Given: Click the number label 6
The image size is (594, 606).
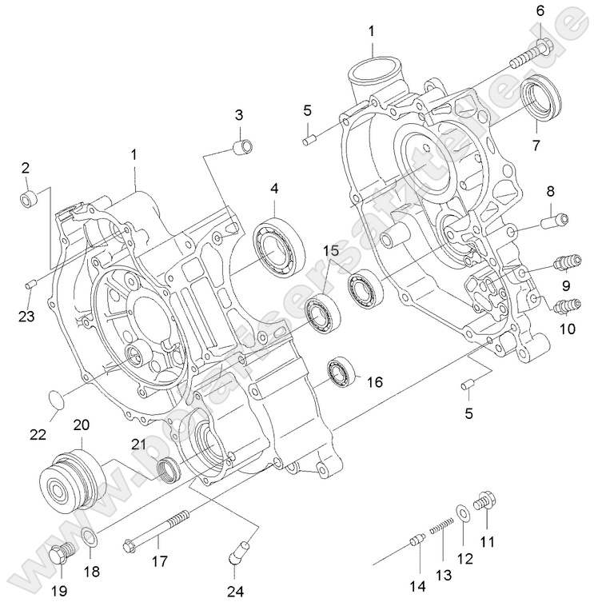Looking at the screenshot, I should [x=539, y=10].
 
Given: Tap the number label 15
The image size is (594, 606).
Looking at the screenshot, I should [x=331, y=251].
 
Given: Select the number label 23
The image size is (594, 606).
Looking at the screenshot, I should [x=27, y=316].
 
